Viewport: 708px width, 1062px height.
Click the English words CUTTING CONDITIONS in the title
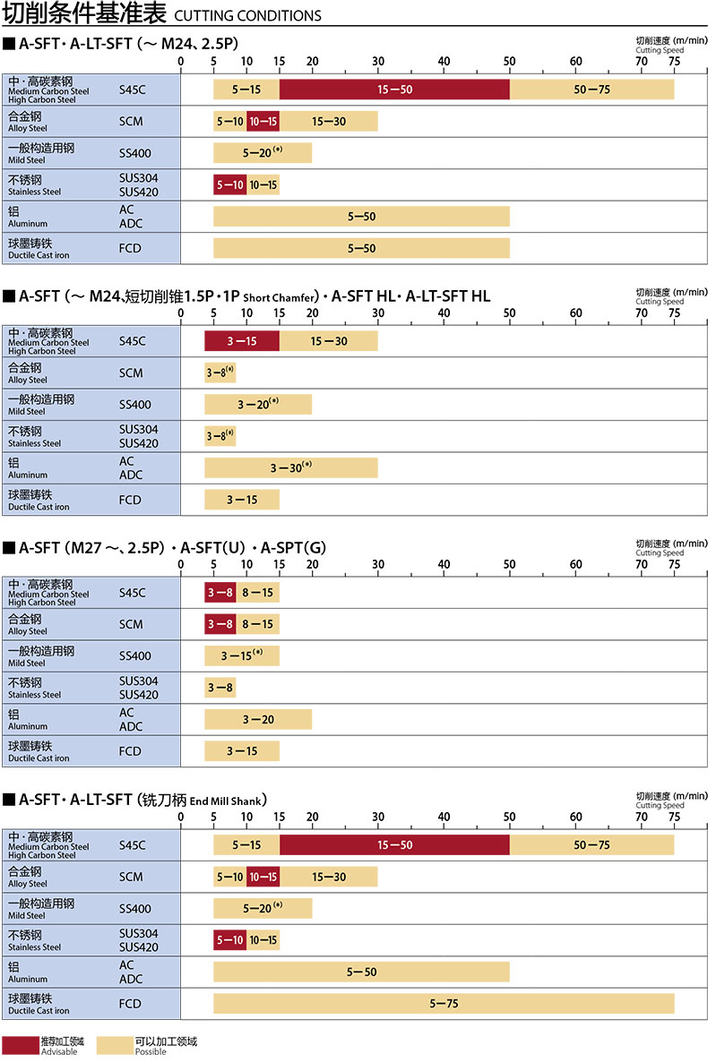[x=246, y=15]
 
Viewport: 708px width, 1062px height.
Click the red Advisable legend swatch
[x=20, y=1044]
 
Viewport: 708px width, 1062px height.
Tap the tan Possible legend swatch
[x=114, y=1044]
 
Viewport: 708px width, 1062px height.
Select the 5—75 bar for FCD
[x=443, y=1004]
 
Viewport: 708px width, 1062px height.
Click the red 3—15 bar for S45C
[x=242, y=341]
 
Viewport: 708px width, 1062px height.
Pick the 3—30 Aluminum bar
[x=290, y=467]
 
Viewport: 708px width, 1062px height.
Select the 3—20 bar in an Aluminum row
[x=258, y=719]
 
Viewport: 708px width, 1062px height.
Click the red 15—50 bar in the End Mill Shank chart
[x=394, y=844]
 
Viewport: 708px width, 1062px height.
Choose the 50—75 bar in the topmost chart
[x=591, y=90]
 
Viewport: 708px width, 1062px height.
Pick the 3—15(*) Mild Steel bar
[x=242, y=655]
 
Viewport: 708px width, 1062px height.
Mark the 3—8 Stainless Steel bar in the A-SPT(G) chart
[x=220, y=688]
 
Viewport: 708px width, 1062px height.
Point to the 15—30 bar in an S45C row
[x=328, y=341]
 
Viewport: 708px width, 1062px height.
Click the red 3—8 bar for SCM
[x=220, y=624]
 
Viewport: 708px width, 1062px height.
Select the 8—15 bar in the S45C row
[x=257, y=592]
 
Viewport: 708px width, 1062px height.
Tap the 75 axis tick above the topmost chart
[x=673, y=62]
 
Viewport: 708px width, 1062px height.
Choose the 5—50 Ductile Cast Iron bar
[x=361, y=248]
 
